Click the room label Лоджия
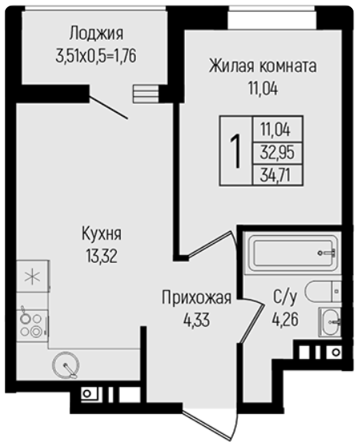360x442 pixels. (97, 34)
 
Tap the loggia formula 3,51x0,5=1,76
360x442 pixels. (96, 55)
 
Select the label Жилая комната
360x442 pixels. (262, 66)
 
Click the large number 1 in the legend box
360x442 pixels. (235, 151)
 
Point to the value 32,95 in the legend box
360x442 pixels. (277, 153)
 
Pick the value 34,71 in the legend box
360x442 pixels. (276, 175)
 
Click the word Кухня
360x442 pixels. (102, 234)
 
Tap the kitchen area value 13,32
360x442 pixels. (102, 257)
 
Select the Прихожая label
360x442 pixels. (196, 297)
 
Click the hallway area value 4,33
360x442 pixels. (196, 320)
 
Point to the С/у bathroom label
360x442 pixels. (285, 297)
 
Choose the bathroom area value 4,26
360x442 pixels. (285, 320)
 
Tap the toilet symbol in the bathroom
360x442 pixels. (323, 291)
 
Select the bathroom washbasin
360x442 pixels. (330, 321)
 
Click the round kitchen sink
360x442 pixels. (66, 365)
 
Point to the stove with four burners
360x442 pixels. (32, 325)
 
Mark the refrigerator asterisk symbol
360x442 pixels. (32, 277)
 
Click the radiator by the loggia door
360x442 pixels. (146, 94)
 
